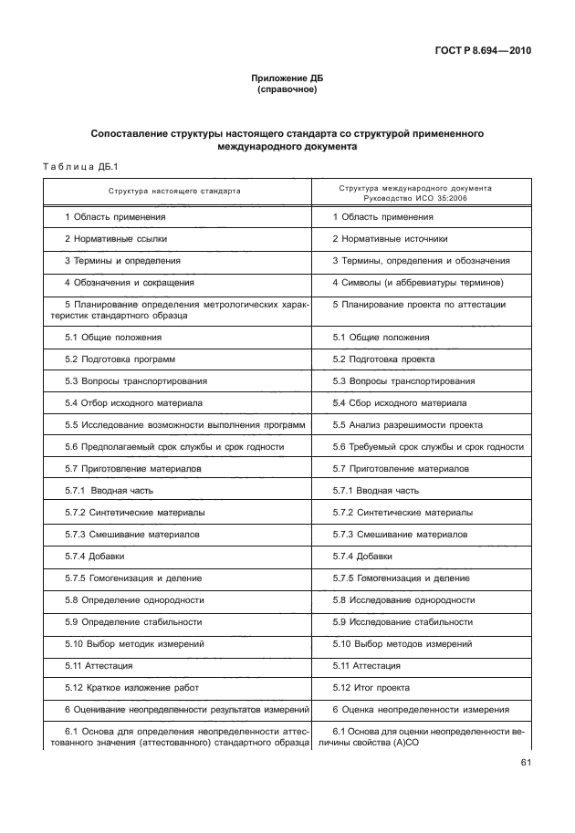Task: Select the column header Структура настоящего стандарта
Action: tap(174, 192)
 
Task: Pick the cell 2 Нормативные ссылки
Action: tap(115, 238)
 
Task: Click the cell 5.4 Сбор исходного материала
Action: tap(399, 402)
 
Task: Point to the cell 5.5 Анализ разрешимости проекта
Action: tap(407, 424)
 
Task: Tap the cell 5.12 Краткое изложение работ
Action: tap(131, 687)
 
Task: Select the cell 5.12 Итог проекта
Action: tap(371, 687)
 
